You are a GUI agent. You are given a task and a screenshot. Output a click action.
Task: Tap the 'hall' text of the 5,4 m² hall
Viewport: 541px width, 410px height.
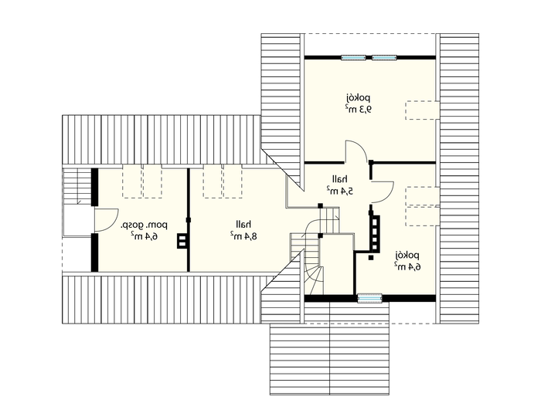pyautogui.click(x=340, y=179)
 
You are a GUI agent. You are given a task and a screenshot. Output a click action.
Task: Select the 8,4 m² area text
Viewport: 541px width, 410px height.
pyautogui.click(x=244, y=236)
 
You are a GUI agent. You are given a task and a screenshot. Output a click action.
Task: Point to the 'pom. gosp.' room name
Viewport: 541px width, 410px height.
pyautogui.click(x=144, y=225)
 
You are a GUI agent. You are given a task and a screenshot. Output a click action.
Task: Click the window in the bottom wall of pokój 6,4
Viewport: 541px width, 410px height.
pyautogui.click(x=369, y=298)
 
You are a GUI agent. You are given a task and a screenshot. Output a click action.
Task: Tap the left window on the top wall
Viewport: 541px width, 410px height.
pyautogui.click(x=353, y=58)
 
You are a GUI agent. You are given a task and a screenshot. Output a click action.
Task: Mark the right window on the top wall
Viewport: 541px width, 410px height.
pyautogui.click(x=384, y=58)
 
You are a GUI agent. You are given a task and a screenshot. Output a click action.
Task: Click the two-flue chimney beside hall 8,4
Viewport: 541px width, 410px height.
pyautogui.click(x=182, y=241)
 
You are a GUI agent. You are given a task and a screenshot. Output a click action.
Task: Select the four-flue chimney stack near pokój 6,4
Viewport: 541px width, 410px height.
pyautogui.click(x=375, y=232)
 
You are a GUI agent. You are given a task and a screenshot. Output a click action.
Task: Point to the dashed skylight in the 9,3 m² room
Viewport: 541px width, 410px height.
pyautogui.click(x=422, y=110)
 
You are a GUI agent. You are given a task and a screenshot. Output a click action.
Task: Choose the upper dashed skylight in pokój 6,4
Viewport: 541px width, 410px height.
pyautogui.click(x=422, y=196)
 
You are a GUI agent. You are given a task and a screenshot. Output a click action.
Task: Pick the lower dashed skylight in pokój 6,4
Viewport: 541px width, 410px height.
pyautogui.click(x=422, y=216)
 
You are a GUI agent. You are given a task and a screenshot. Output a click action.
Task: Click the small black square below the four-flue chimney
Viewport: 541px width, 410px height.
pyautogui.click(x=371, y=257)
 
